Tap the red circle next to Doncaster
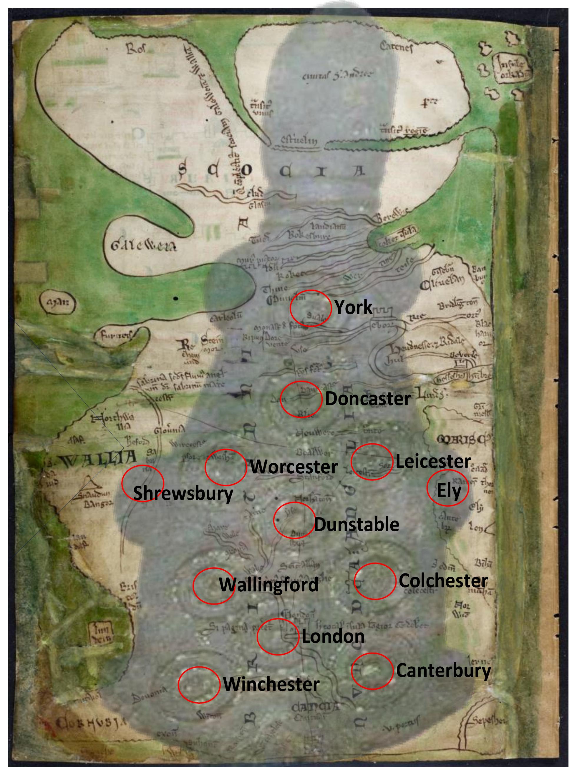click(301, 399)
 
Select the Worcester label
click(294, 467)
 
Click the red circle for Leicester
click(372, 462)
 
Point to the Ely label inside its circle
click(449, 490)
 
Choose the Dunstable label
click(356, 525)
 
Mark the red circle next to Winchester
click(199, 685)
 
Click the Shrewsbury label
click(183, 493)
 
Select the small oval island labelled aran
click(57, 303)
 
